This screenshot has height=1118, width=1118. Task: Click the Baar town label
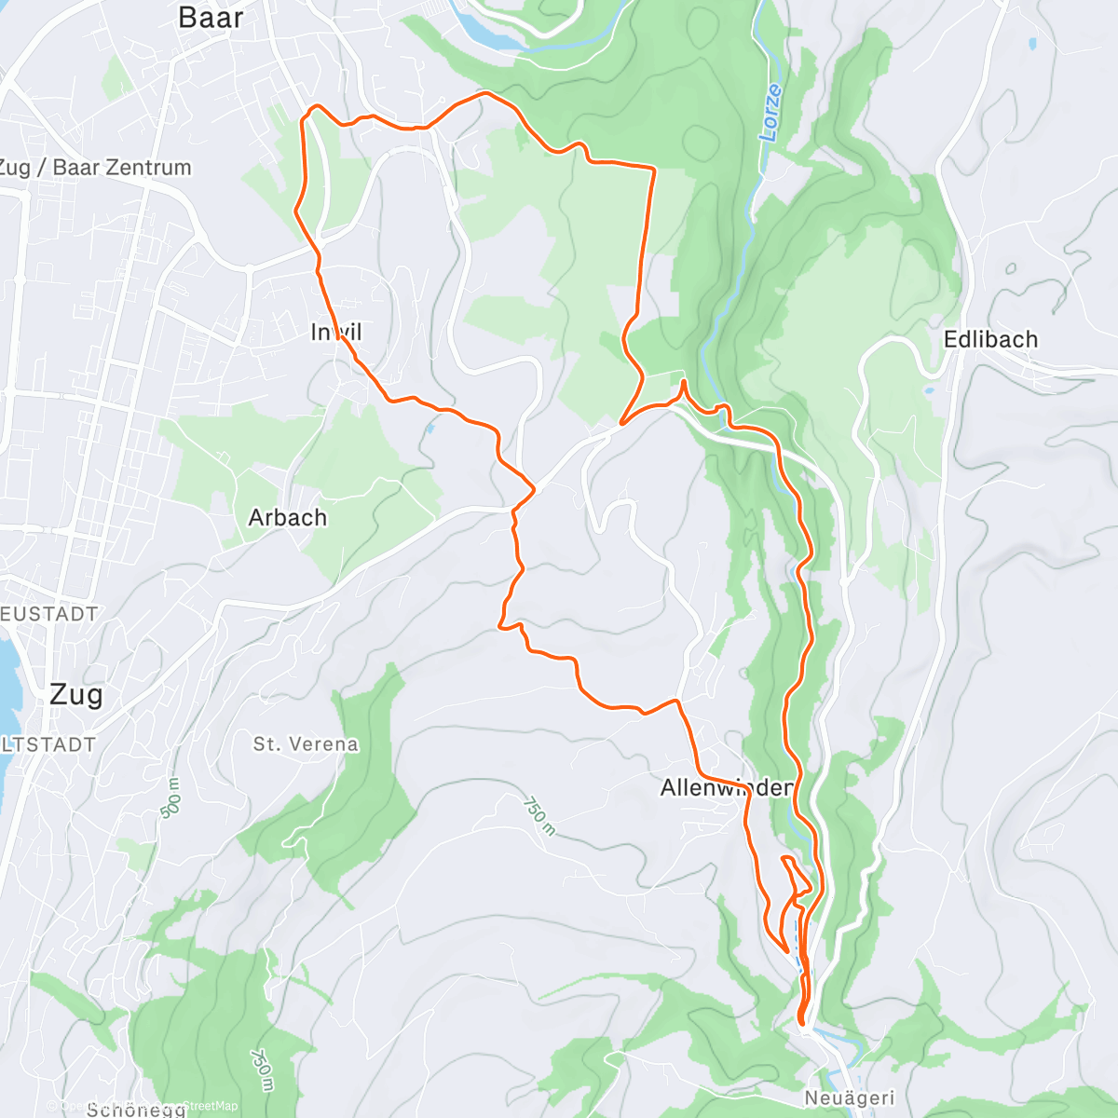[x=211, y=18]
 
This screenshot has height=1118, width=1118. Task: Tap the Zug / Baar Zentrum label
[x=95, y=168]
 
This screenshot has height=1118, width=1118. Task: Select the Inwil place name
[x=336, y=333]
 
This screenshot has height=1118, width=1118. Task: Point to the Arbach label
[x=288, y=518]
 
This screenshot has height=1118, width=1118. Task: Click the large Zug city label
[x=75, y=694]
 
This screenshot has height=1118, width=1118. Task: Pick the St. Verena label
[x=306, y=744]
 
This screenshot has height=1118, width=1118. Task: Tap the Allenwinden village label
[x=726, y=788]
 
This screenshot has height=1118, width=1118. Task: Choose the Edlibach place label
[x=990, y=339]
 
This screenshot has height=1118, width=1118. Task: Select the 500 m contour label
[x=172, y=798]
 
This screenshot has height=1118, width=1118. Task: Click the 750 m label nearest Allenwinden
[x=539, y=815]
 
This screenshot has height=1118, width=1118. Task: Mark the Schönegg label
[x=130, y=1109]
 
